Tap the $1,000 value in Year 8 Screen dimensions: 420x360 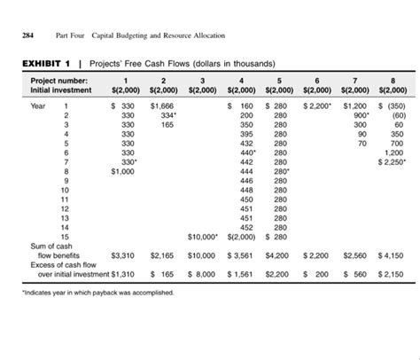coord(120,171)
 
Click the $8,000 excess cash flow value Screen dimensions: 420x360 coord(203,275)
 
